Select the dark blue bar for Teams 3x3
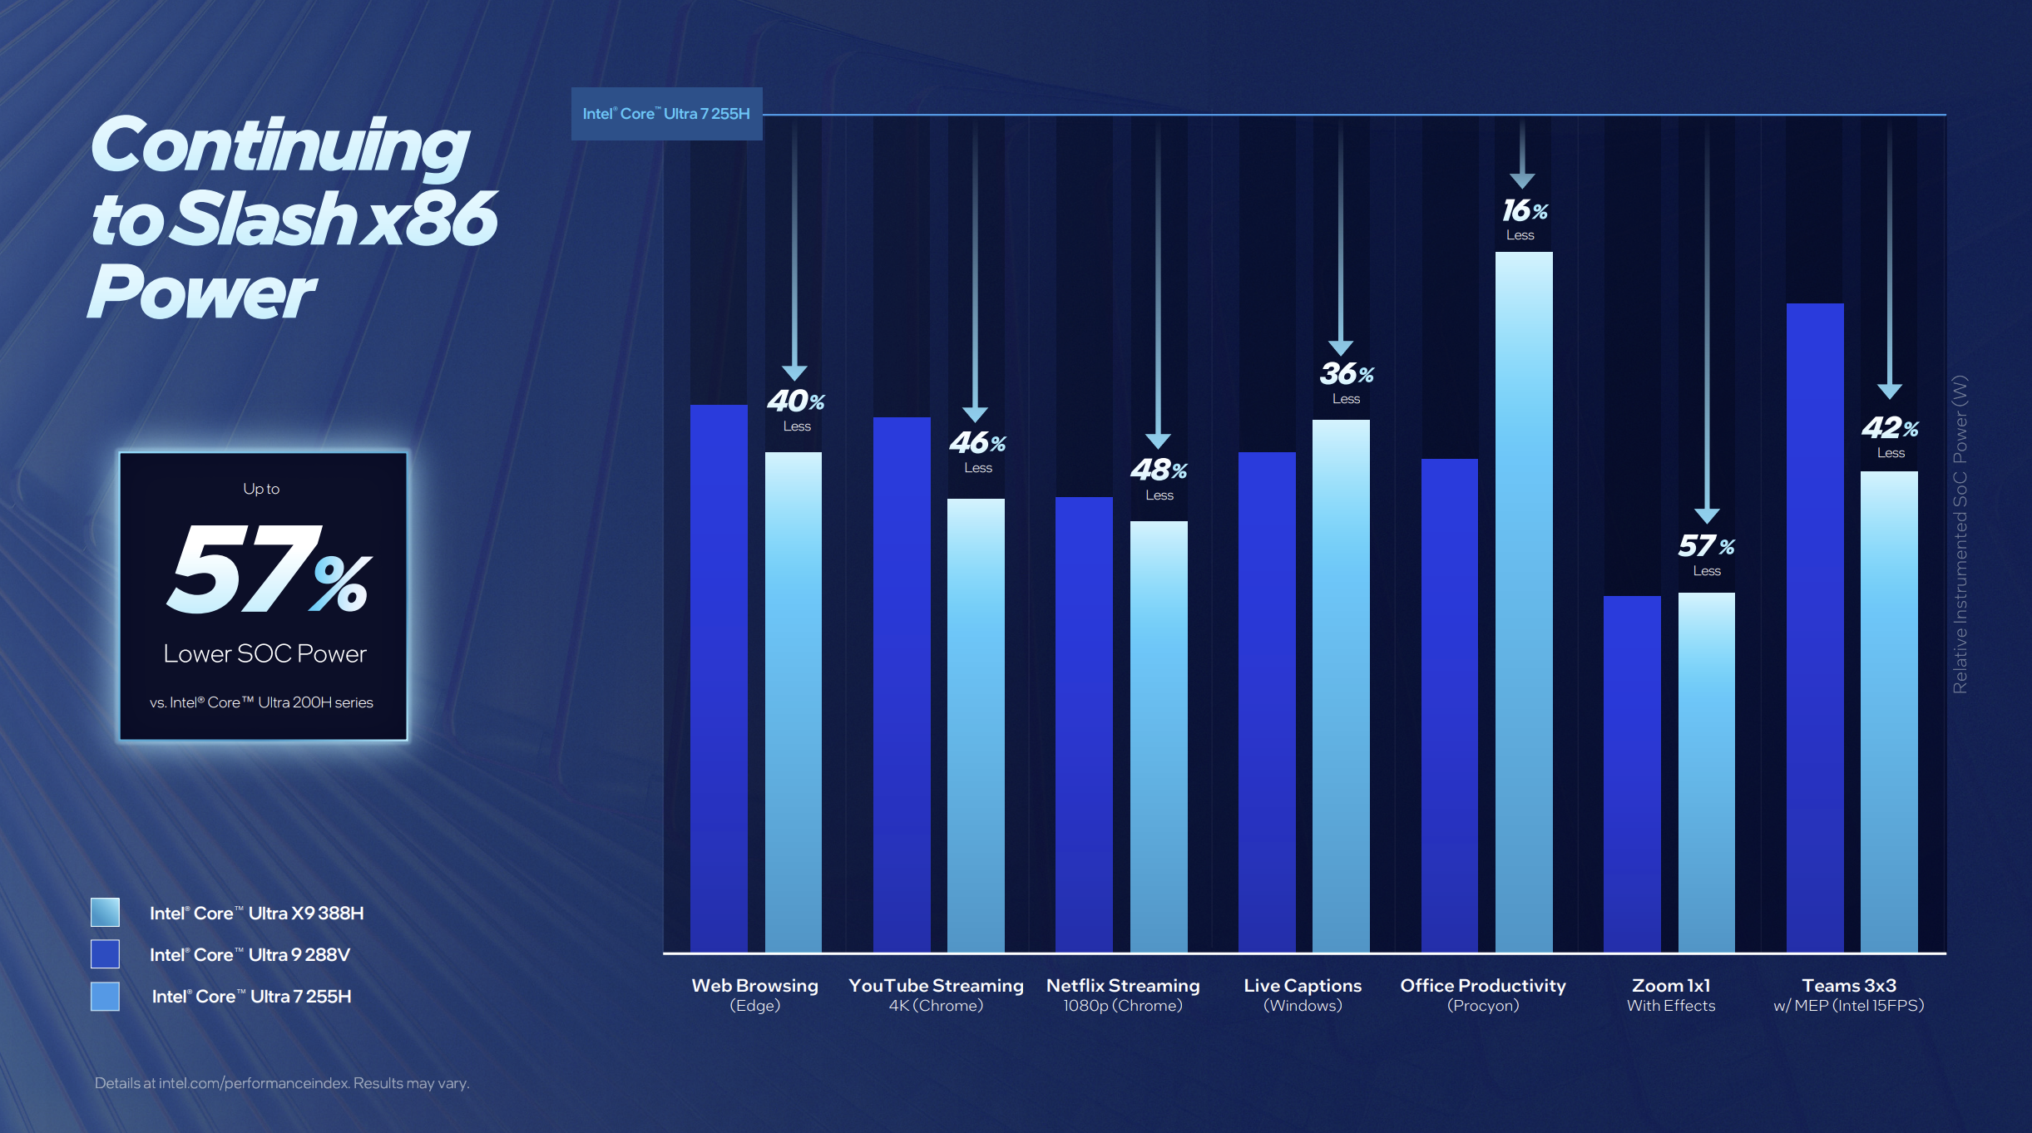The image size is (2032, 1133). (1814, 628)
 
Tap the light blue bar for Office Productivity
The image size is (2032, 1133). (1523, 602)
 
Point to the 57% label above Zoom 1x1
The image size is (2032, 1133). (1706, 546)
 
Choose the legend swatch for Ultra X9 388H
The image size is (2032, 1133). (105, 912)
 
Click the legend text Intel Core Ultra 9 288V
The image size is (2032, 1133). (250, 954)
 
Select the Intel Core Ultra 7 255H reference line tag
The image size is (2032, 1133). (666, 114)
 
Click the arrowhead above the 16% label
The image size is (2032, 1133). (1522, 180)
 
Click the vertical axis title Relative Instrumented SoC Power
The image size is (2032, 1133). (1960, 534)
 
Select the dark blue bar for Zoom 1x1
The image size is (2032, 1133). (1631, 773)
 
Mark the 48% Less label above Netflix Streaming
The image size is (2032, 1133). (1159, 479)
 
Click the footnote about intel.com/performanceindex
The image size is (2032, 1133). (282, 1083)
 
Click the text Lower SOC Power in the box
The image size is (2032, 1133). (265, 654)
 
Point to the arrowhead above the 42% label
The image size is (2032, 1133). (1889, 391)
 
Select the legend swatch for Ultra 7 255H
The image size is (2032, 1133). (105, 996)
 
